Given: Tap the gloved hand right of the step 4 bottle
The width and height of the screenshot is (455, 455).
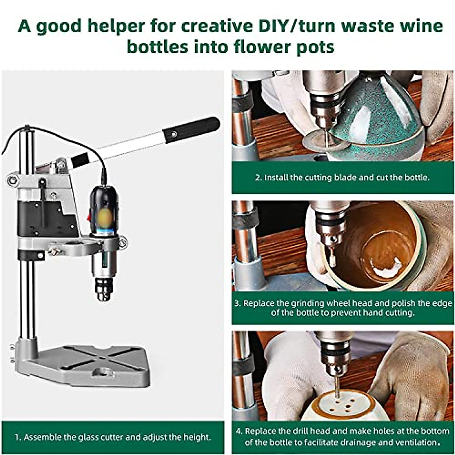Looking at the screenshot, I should (x=409, y=375).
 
